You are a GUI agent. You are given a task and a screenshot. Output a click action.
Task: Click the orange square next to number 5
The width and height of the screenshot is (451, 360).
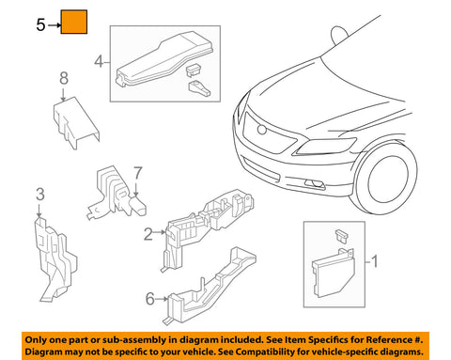(x=74, y=23)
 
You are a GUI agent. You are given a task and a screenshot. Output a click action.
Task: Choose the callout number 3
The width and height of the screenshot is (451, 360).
(x=39, y=195)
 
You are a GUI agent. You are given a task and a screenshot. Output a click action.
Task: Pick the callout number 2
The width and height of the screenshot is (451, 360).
(x=148, y=234)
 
